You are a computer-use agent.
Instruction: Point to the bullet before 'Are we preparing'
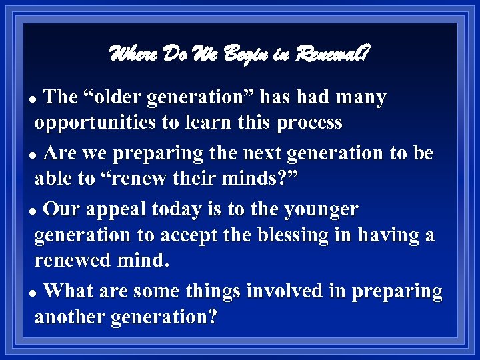(37, 155)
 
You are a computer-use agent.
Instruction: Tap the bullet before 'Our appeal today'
(37, 211)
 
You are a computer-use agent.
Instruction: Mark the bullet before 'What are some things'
(37, 293)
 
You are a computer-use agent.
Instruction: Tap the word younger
(322, 210)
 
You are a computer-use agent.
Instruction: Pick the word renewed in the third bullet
(73, 260)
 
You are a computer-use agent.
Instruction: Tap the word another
(69, 317)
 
